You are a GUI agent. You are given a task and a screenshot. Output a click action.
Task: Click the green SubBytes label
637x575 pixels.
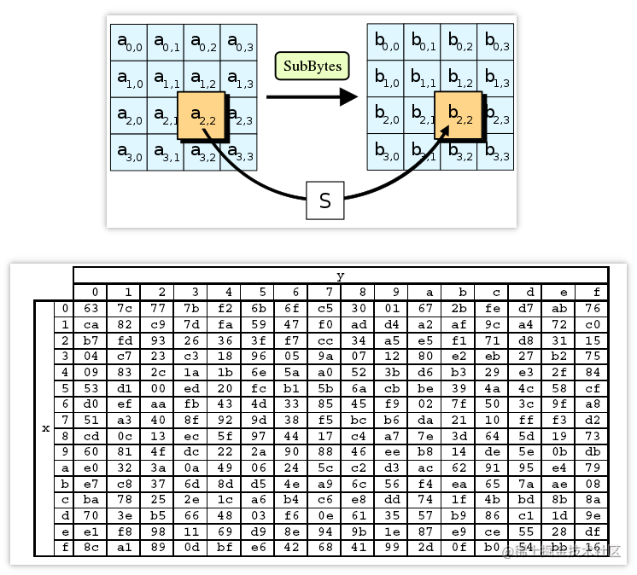point(312,66)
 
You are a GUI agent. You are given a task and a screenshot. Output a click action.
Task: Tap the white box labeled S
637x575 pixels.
point(324,200)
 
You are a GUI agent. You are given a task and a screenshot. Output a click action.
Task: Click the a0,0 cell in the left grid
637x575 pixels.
point(129,42)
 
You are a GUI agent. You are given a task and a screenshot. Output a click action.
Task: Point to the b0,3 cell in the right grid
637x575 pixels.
point(496,42)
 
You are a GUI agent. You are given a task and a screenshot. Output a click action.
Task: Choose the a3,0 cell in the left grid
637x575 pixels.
point(129,152)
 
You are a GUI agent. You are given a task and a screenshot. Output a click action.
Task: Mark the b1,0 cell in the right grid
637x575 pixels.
point(386,78)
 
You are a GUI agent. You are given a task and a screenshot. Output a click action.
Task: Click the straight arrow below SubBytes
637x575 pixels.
point(311,97)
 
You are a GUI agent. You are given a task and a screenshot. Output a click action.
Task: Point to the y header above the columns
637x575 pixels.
point(341,276)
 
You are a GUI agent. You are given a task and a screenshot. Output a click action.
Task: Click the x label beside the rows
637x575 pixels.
point(45,427)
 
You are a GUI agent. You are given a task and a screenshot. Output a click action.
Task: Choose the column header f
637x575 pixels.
point(591,292)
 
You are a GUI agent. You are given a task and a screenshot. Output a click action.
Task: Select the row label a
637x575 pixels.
point(66,468)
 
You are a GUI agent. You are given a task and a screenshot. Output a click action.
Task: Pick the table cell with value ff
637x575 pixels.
point(524,419)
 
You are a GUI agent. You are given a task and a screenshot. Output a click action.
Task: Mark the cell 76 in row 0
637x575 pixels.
point(591,308)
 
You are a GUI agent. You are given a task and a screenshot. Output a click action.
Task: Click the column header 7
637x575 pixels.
point(324,292)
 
